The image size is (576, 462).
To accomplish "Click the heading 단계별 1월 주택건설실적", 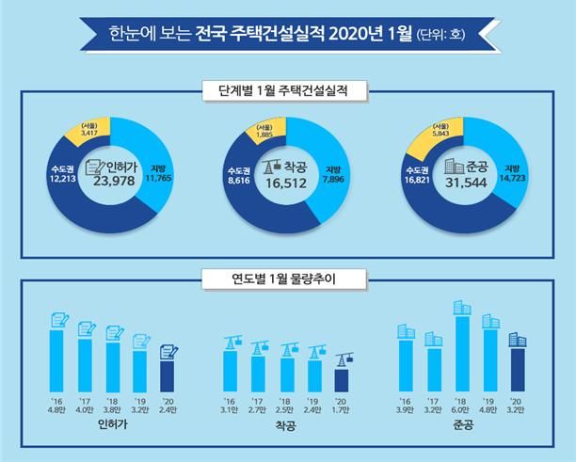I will pos(288,92).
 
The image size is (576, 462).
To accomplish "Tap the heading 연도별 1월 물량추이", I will pos(288,278).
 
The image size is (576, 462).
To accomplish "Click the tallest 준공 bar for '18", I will pos(462,353).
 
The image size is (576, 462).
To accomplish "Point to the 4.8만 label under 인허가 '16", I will pos(56,411).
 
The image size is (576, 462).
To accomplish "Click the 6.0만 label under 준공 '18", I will pos(462,411).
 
